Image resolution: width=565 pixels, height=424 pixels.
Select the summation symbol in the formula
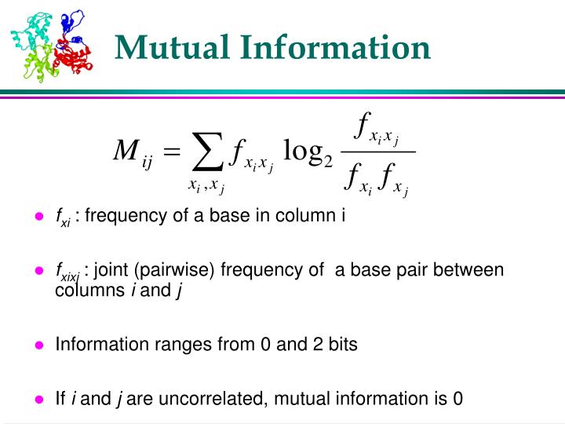point(205,152)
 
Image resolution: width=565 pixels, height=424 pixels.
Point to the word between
point(474,271)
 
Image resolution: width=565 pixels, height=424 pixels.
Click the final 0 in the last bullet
point(458,398)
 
